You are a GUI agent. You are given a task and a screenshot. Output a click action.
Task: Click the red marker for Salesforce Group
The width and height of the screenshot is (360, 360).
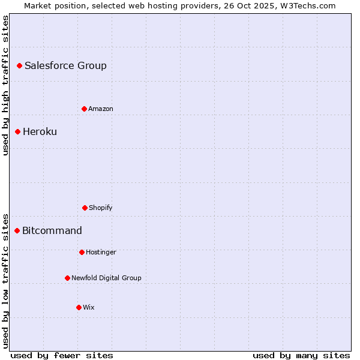click(x=19, y=65)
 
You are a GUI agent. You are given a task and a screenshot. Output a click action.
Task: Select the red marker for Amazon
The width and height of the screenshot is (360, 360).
click(x=84, y=109)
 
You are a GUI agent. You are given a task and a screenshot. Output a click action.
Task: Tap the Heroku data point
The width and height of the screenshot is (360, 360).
click(x=17, y=131)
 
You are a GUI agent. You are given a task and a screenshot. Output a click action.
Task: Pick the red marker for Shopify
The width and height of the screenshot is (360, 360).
click(x=85, y=208)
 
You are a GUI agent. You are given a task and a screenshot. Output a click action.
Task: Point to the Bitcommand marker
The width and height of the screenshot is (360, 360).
click(x=17, y=230)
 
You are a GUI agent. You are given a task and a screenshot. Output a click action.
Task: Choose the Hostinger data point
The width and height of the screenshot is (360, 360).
click(x=82, y=252)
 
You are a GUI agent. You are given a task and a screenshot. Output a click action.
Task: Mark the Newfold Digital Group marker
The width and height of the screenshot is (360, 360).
click(x=67, y=278)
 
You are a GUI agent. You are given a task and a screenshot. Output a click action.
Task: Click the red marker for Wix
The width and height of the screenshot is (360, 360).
click(x=79, y=307)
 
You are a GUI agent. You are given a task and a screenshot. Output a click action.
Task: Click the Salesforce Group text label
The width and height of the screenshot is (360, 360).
click(x=65, y=65)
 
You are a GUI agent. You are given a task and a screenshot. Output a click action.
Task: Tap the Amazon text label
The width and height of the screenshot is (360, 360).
click(x=101, y=109)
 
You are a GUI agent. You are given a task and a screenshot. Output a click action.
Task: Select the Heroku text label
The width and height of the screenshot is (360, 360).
click(x=40, y=131)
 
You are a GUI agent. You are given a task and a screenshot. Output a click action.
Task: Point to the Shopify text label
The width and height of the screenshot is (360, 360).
click(x=101, y=208)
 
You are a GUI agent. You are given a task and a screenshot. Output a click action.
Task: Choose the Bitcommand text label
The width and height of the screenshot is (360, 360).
click(x=52, y=230)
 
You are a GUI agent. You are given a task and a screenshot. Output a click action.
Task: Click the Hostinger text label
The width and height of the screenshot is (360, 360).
click(x=101, y=252)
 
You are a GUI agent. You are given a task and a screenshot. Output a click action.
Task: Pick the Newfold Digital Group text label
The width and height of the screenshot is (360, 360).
click(x=106, y=278)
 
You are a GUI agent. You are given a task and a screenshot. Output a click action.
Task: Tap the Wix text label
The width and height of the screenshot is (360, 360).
click(x=89, y=307)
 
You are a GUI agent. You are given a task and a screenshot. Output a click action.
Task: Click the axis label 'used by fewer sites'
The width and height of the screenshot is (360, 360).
click(x=62, y=355)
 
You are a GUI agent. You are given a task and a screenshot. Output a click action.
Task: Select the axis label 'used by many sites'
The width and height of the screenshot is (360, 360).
click(x=301, y=355)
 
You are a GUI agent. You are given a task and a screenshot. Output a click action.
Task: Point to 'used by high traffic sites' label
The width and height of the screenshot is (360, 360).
click(x=5, y=85)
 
